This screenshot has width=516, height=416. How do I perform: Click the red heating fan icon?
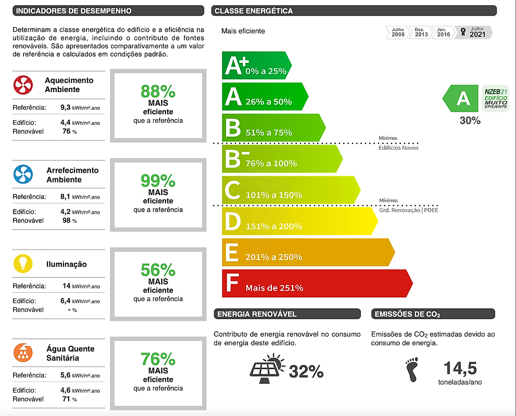click(23, 85)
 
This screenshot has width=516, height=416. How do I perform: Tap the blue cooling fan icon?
click(23, 174)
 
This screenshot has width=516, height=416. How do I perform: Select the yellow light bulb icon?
click(23, 264)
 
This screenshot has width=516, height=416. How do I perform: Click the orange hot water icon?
click(23, 353)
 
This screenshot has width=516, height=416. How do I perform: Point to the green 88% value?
click(158, 92)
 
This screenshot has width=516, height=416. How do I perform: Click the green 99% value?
click(158, 181)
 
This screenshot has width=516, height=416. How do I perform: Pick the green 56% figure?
click(158, 270)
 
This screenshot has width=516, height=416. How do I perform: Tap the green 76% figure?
click(158, 360)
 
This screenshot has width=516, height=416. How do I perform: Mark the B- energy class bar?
click(282, 159)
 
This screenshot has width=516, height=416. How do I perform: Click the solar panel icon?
click(267, 368)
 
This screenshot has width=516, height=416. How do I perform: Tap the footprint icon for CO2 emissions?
click(413, 369)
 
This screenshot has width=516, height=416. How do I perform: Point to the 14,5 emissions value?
click(460, 369)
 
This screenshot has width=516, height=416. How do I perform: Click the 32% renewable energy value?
click(306, 371)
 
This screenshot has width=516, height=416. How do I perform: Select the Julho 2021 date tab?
click(475, 32)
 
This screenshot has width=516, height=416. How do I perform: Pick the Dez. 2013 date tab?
click(421, 32)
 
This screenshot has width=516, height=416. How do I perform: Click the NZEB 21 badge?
click(495, 97)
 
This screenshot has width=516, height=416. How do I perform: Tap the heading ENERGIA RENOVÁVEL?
click(257, 314)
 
